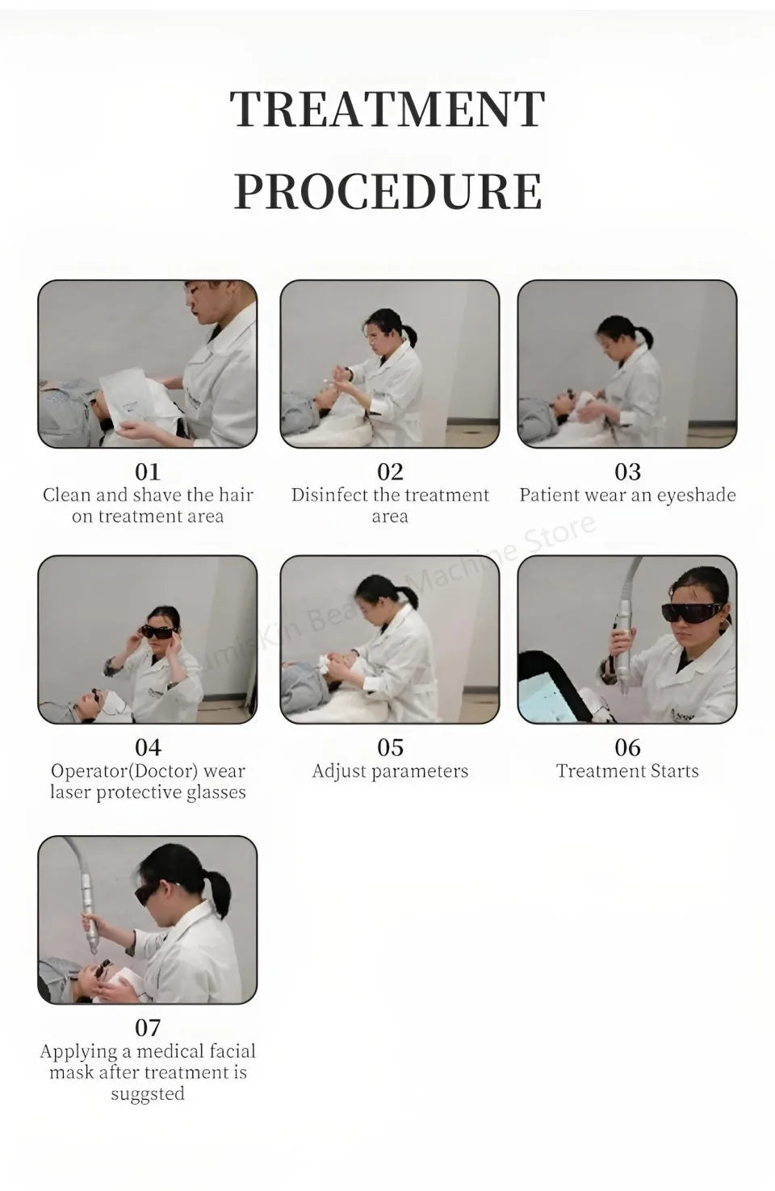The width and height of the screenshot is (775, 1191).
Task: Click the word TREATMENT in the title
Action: pyautogui.click(x=387, y=109)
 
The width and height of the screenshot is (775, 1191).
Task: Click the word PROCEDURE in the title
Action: pyautogui.click(x=388, y=191)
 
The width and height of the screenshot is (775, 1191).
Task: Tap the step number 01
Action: pyautogui.click(x=148, y=472)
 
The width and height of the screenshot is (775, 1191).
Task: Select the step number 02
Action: pyautogui.click(x=390, y=472)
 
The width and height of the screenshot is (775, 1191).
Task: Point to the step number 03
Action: pyautogui.click(x=627, y=472)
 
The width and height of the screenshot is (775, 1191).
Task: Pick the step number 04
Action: pyautogui.click(x=148, y=747)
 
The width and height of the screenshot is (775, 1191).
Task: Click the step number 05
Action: pyautogui.click(x=390, y=747)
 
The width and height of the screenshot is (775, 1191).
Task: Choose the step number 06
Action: pyautogui.click(x=627, y=747)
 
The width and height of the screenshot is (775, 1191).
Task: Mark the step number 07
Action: pyautogui.click(x=148, y=1028)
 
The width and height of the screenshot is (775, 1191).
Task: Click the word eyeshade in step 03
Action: pyautogui.click(x=696, y=495)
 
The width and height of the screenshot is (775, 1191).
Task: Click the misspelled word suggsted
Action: pyautogui.click(x=148, y=1094)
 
